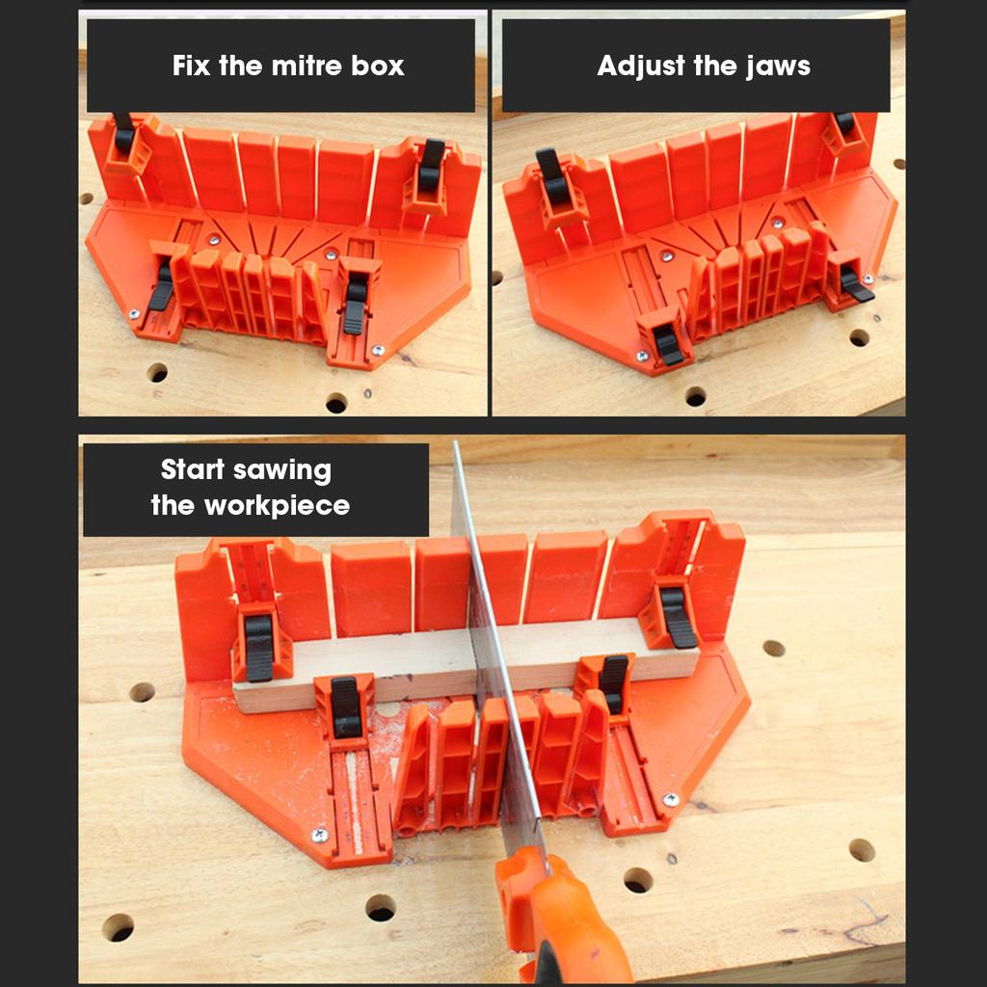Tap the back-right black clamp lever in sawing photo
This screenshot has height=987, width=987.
(678, 617)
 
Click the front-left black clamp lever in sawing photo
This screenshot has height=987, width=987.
(345, 707)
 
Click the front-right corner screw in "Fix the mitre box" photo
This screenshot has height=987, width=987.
(378, 351)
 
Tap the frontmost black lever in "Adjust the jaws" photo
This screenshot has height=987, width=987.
(668, 344)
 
